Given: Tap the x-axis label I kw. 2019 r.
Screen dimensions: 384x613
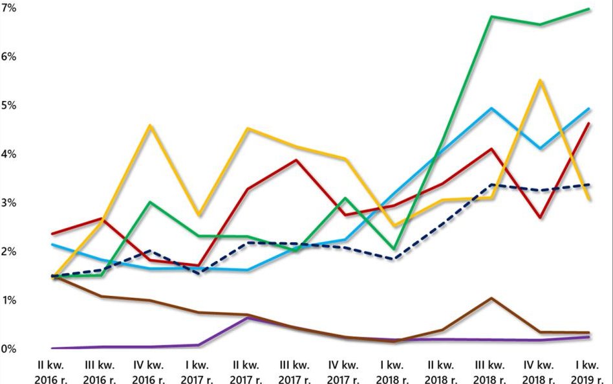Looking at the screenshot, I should [x=588, y=372].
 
